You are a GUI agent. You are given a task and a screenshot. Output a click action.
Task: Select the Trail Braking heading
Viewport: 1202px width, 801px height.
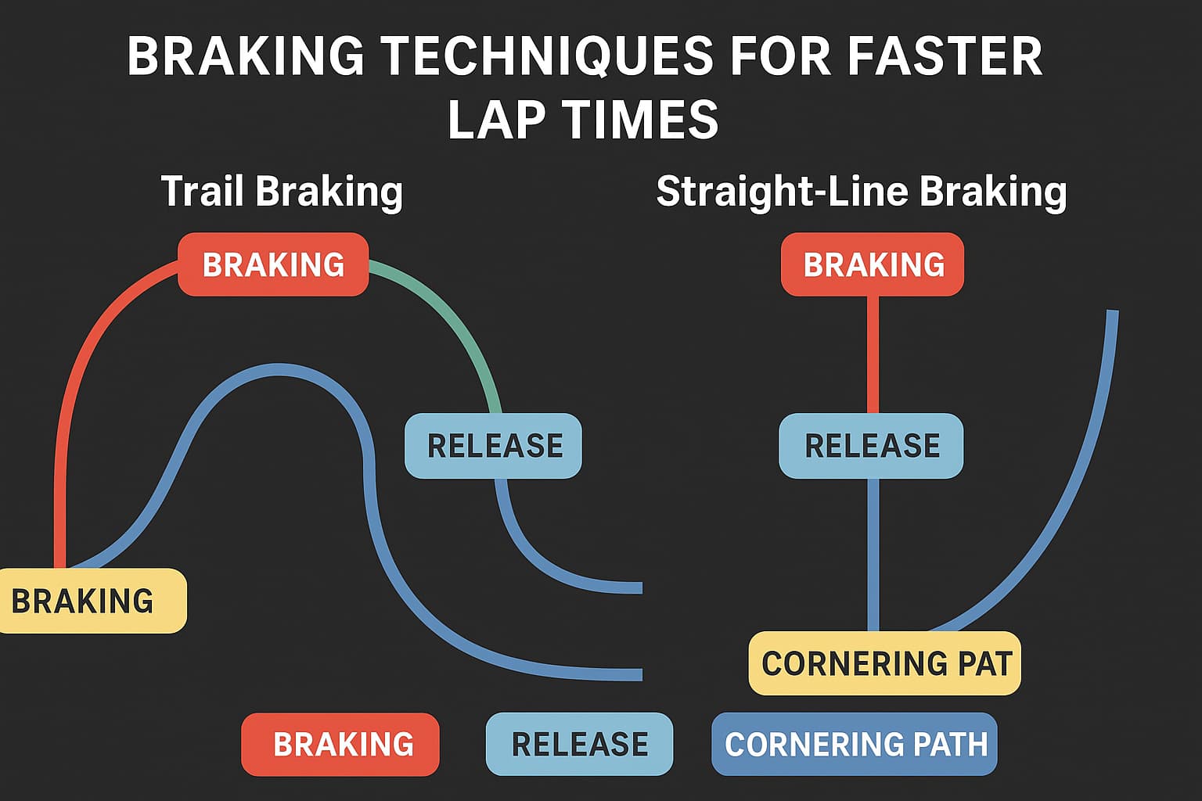coord(283,192)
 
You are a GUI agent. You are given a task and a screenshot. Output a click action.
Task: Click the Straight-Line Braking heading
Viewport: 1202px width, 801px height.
coord(862,192)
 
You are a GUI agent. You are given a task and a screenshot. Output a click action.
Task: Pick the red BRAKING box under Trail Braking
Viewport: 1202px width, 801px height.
coord(273,264)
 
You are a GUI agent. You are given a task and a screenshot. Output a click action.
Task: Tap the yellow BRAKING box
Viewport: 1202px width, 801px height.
coord(92,600)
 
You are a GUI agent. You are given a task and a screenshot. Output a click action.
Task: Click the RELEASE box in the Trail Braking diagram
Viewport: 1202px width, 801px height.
coord(493,445)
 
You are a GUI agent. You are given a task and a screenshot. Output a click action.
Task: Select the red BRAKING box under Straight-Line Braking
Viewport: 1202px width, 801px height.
coord(873,264)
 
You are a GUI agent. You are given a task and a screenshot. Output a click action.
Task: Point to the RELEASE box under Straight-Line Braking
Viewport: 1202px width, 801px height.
coord(872,445)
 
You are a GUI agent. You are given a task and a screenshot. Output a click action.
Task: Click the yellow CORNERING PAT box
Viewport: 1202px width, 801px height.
coord(885,663)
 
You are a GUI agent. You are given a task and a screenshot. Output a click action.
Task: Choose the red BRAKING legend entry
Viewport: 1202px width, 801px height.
coord(340,744)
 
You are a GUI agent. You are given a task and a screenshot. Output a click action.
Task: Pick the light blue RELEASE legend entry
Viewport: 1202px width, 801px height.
coord(580,744)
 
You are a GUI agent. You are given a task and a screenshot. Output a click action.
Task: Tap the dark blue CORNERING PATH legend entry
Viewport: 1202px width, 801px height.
coord(855,744)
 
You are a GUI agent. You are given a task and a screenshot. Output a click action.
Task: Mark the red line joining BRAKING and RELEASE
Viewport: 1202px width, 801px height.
coord(873,354)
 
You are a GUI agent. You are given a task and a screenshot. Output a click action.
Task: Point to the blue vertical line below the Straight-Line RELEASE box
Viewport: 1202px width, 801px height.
coord(873,555)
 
